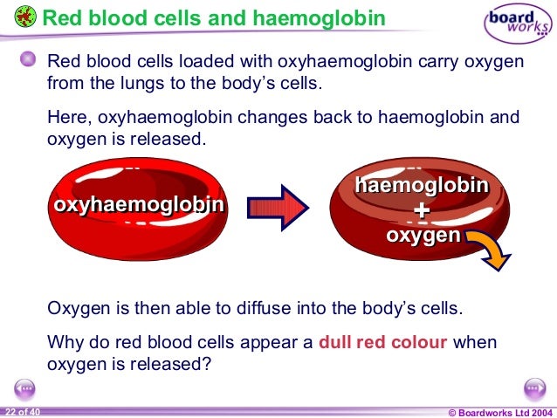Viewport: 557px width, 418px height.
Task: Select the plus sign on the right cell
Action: click(422, 211)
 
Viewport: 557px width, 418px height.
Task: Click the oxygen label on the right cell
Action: click(423, 236)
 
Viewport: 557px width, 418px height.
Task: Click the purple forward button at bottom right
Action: click(533, 387)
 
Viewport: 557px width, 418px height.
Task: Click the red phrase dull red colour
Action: click(383, 342)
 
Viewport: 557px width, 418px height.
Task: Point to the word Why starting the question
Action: click(64, 342)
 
